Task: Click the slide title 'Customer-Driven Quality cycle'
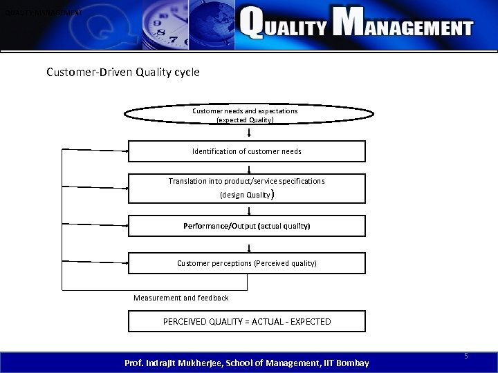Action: [x=122, y=71]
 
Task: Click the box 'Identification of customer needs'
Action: [x=246, y=151]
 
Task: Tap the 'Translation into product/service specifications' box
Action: [x=246, y=188]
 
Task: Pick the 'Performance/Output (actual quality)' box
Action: [x=246, y=226]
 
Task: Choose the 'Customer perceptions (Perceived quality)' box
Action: [x=246, y=263]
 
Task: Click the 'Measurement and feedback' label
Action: [x=181, y=298]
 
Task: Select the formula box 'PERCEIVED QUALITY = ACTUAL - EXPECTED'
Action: [x=246, y=322]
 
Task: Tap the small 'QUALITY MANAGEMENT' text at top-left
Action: [x=43, y=12]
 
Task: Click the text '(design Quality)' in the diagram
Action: [x=248, y=195]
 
